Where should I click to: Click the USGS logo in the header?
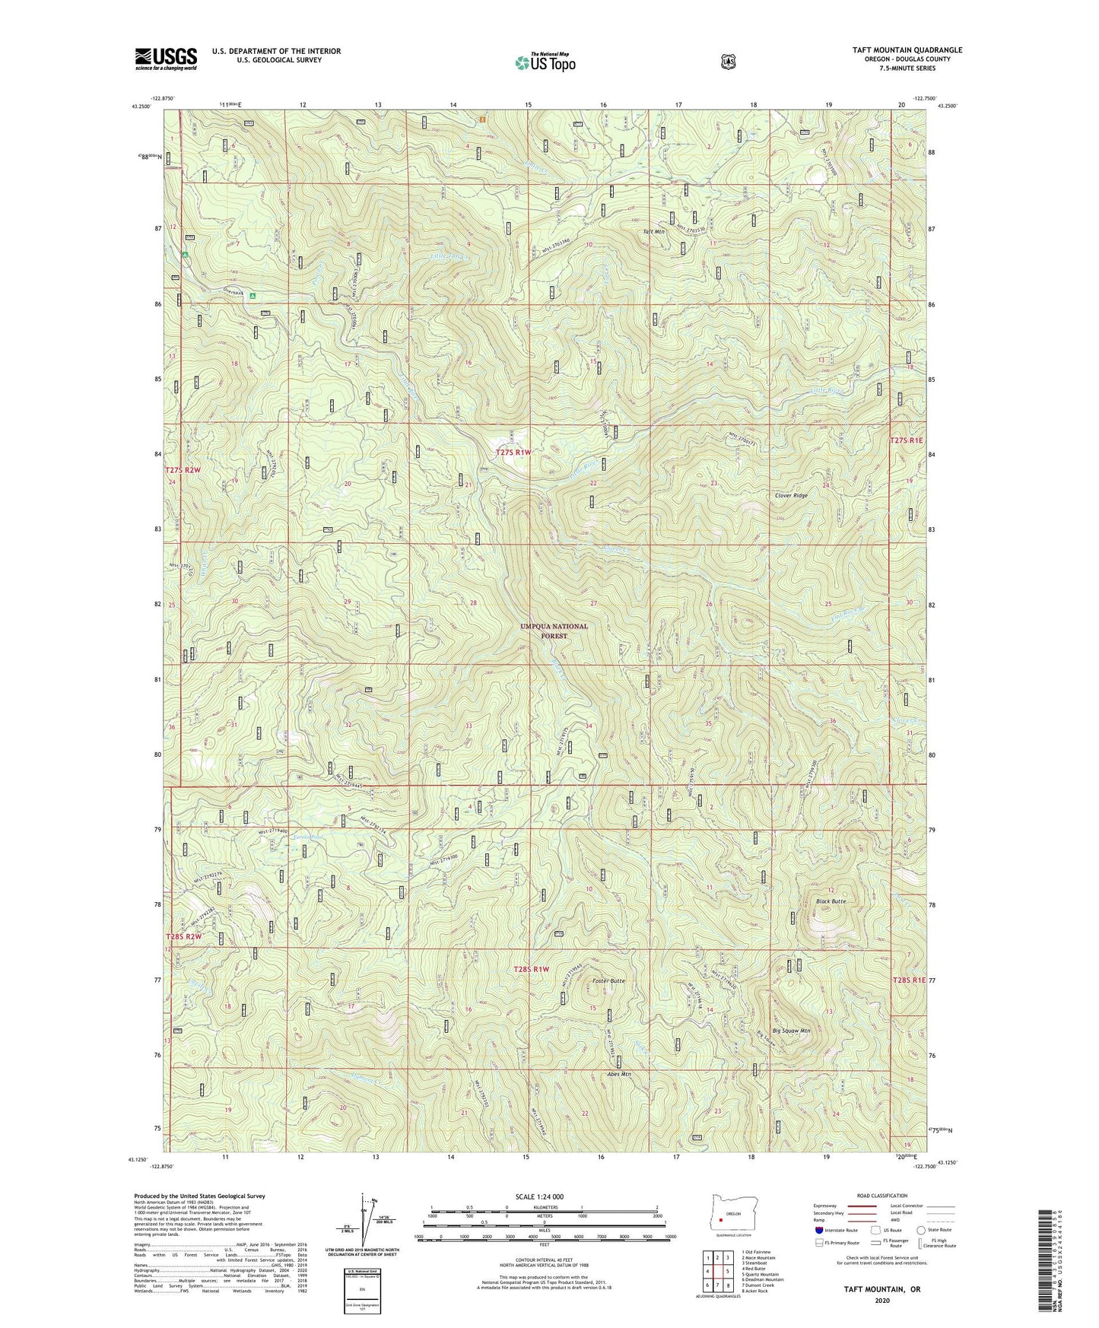(x=166, y=59)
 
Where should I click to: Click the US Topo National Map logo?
(x=544, y=62)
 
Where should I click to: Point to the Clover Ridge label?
(x=791, y=495)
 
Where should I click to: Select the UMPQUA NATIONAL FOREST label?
(x=554, y=631)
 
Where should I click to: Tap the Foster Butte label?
(x=608, y=981)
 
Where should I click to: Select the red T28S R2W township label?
(x=184, y=936)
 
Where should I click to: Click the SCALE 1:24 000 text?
(x=540, y=1196)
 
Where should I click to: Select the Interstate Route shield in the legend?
(x=818, y=1230)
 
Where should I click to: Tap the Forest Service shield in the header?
(x=729, y=62)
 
